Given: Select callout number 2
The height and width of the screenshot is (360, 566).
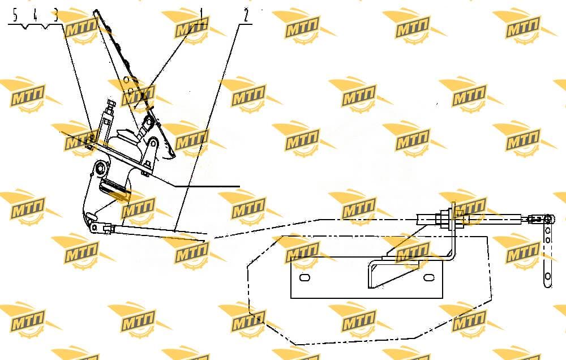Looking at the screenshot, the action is pyautogui.click(x=246, y=15).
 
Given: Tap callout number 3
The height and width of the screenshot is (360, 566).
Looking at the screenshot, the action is pyautogui.click(x=55, y=16).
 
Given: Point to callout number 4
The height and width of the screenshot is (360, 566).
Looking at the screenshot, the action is pyautogui.click(x=35, y=16).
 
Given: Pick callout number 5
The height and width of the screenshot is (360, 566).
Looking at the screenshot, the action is pyautogui.click(x=15, y=16).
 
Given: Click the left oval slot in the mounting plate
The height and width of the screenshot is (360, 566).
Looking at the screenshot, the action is pyautogui.click(x=305, y=278).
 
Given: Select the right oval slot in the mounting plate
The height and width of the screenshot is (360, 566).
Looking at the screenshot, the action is pyautogui.click(x=428, y=278).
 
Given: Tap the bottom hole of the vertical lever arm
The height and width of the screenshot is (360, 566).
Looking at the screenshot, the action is pyautogui.click(x=547, y=277).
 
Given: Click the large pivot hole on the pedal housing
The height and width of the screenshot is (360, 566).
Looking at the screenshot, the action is pyautogui.click(x=101, y=168).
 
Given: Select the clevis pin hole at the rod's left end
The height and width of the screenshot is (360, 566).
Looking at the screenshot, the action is pyautogui.click(x=95, y=228).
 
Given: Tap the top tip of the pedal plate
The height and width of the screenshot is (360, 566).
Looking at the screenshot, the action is pyautogui.click(x=95, y=12).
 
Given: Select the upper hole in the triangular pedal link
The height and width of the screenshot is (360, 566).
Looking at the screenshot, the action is pyautogui.click(x=153, y=144).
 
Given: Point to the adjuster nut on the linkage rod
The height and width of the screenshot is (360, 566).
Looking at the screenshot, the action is pyautogui.click(x=108, y=229).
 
